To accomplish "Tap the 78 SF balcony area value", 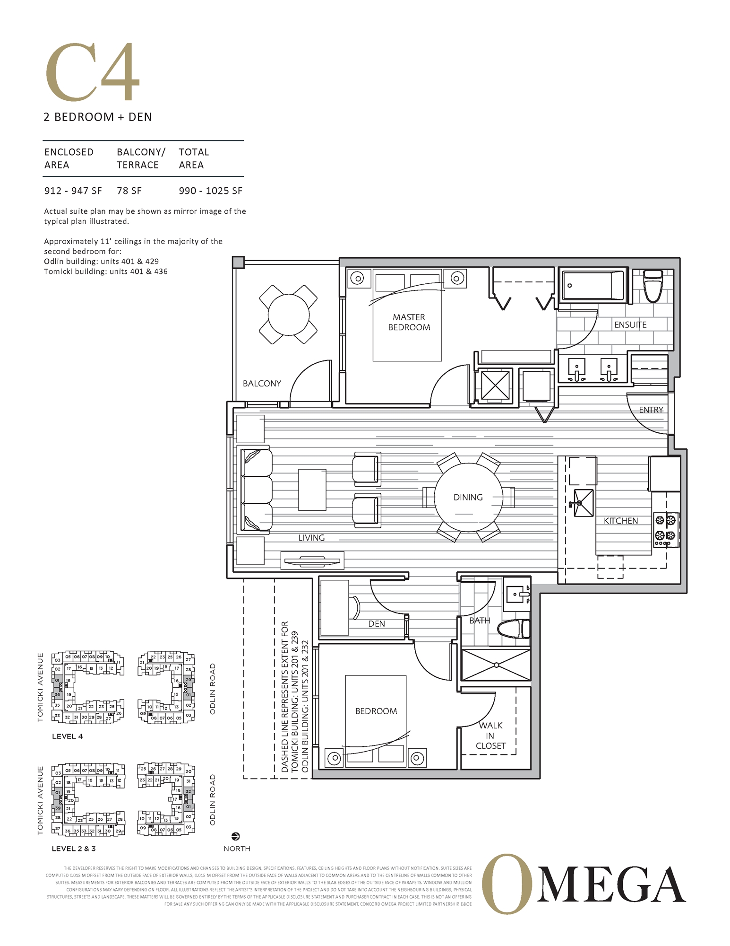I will [129, 191].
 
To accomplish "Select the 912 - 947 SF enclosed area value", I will [73, 191].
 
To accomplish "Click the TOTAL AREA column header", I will [193, 158].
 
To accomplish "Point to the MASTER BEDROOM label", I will [409, 322].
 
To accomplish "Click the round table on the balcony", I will [288, 315].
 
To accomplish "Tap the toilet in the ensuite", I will [653, 286].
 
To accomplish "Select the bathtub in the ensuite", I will [593, 285].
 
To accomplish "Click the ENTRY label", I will [651, 410].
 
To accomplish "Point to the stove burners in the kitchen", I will [666, 528].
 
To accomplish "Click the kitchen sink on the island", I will [583, 503].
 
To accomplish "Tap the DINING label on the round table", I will [468, 497].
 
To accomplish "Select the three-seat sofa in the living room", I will [256, 490].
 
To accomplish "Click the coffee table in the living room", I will [312, 490].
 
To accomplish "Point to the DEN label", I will [377, 624].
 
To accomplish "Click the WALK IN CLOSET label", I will [490, 736].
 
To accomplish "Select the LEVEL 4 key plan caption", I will [67, 736].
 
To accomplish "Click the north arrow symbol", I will [236, 836].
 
